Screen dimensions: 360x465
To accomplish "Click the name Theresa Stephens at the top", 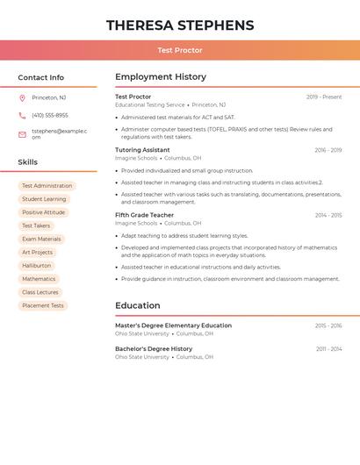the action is (x=180, y=25).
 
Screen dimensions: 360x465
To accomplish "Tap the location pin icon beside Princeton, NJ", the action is (x=22, y=97).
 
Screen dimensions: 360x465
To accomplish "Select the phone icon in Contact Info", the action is (x=22, y=115).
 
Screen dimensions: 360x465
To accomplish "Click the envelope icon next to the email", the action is (x=22, y=134).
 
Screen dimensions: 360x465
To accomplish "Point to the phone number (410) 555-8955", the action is (x=50, y=115).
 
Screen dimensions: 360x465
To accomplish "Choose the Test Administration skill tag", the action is (x=47, y=186).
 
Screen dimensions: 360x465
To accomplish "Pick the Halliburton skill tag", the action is (x=37, y=266).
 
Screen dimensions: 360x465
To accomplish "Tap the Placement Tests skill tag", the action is (x=43, y=305).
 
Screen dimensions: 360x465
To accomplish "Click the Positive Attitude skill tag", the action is (x=44, y=212).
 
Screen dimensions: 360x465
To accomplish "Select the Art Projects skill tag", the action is (x=38, y=253).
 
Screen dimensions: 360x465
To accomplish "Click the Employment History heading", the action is (x=161, y=77).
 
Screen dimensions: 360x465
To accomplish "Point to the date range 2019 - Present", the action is (x=324, y=97).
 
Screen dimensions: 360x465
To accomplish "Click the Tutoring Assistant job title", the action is (x=142, y=150).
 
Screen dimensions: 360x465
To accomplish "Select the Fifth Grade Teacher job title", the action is (x=145, y=215).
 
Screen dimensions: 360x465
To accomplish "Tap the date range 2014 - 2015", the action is (x=328, y=215).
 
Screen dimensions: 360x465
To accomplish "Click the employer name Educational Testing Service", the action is (x=150, y=105).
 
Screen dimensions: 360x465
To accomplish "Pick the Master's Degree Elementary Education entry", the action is (x=174, y=325).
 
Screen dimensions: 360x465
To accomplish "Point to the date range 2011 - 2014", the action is (x=329, y=349).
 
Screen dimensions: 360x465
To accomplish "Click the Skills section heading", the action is (x=28, y=162).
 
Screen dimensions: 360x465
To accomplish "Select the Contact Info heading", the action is (x=41, y=77).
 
